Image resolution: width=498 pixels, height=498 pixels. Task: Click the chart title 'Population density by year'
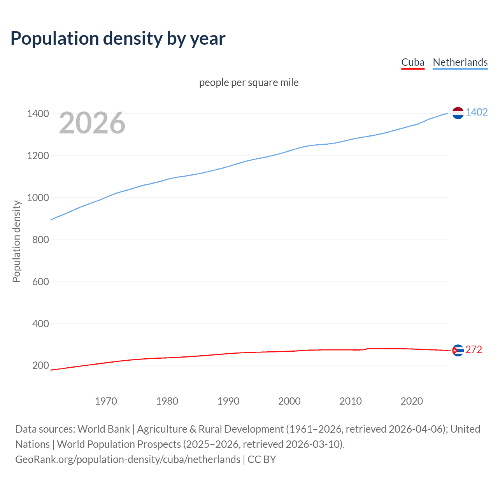click(x=118, y=39)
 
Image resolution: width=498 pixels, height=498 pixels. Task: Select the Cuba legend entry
click(x=413, y=62)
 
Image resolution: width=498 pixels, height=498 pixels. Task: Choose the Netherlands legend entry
click(x=460, y=62)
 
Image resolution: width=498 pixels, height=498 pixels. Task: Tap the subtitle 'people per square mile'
click(x=249, y=82)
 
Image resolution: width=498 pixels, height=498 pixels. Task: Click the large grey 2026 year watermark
click(x=92, y=123)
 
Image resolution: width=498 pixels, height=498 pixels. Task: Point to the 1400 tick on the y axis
click(x=38, y=114)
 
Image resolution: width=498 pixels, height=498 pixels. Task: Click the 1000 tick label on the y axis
click(x=38, y=198)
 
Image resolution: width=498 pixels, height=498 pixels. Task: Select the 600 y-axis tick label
click(x=40, y=282)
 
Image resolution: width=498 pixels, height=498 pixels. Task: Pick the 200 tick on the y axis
click(x=40, y=365)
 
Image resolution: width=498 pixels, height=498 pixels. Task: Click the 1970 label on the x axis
click(x=106, y=401)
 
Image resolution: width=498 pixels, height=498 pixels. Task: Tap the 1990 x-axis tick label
click(x=228, y=401)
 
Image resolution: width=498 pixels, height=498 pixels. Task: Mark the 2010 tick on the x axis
click(x=351, y=401)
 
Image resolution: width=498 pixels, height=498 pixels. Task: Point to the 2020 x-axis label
click(x=412, y=401)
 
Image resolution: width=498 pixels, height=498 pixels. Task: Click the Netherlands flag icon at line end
click(x=458, y=113)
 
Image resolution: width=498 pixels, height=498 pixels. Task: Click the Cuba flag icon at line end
click(x=458, y=351)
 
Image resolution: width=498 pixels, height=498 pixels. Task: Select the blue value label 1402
click(x=477, y=112)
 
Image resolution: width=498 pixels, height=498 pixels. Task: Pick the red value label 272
click(x=473, y=350)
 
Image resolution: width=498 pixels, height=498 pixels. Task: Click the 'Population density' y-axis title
click(x=16, y=241)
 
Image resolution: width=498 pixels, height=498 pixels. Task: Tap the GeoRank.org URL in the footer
click(x=128, y=459)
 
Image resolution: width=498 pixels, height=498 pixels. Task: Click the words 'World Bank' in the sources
click(x=103, y=429)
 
